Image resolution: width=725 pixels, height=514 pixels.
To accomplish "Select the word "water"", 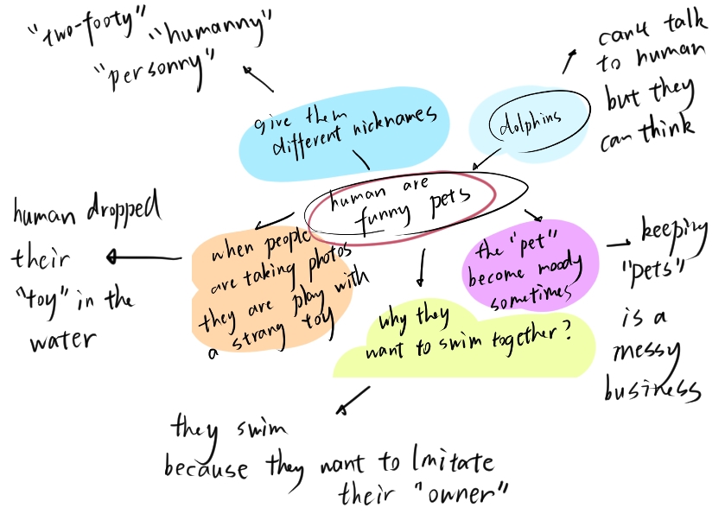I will click(62, 340).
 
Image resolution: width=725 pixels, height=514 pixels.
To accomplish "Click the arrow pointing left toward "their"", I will click(143, 257).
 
